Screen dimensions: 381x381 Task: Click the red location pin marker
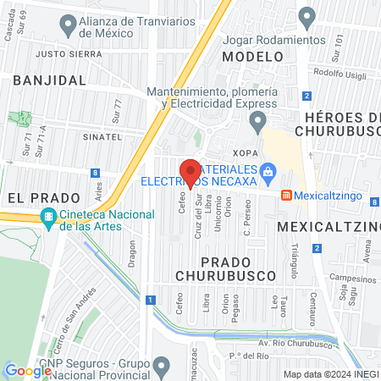(x=191, y=173)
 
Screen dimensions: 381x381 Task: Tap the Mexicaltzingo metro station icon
(x=287, y=195)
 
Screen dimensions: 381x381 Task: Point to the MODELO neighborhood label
(x=251, y=56)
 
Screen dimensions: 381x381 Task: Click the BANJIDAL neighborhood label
(x=50, y=79)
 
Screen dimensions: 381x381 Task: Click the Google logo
(x=27, y=370)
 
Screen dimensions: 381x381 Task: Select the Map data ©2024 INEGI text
(x=329, y=373)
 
